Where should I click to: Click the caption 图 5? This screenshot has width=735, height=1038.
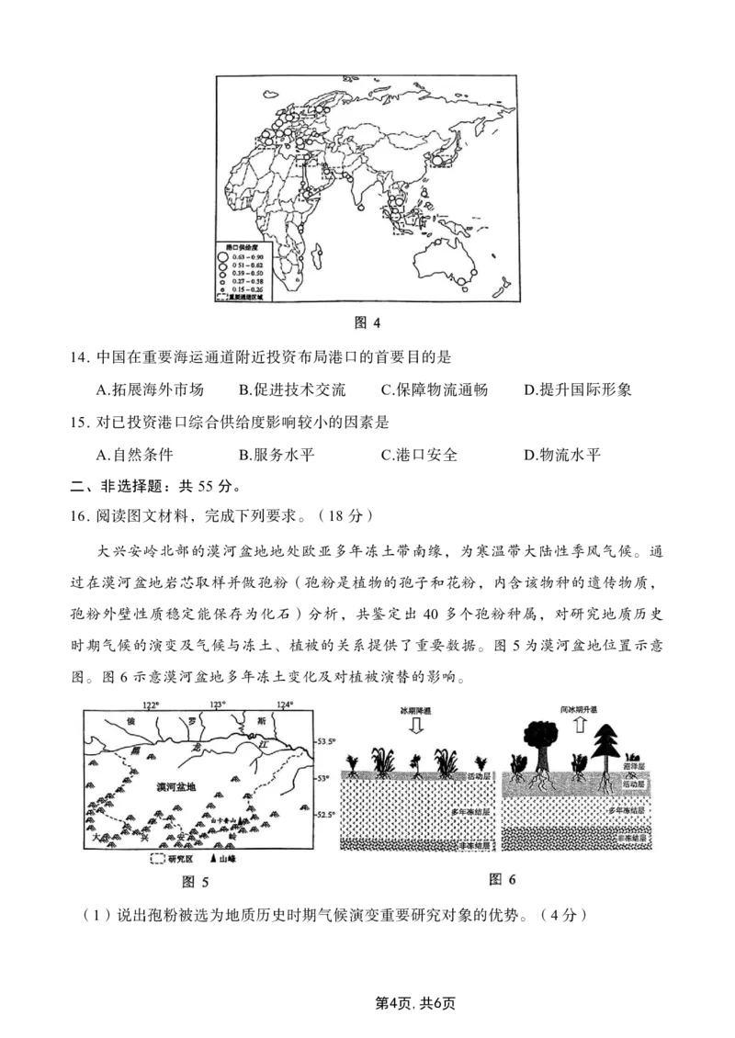pyautogui.click(x=196, y=882)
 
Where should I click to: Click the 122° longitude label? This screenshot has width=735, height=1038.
pyautogui.click(x=151, y=705)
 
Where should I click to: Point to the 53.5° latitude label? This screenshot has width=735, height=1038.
pyautogui.click(x=328, y=741)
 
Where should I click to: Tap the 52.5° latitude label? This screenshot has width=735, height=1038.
pyautogui.click(x=328, y=815)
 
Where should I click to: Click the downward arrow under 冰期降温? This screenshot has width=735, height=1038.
pyautogui.click(x=415, y=726)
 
